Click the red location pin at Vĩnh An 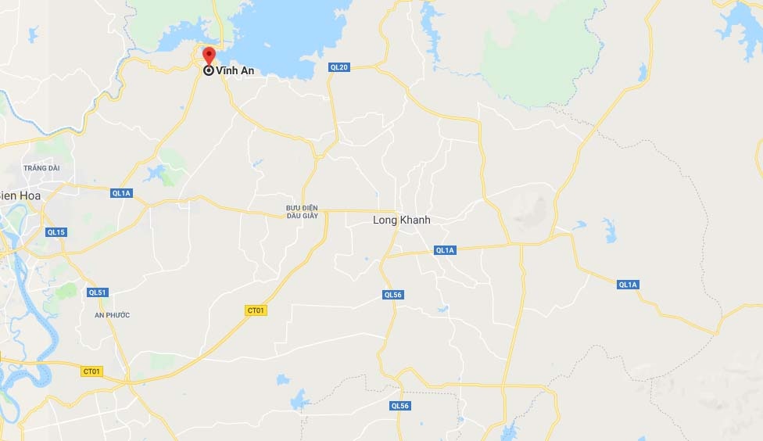point(209,56)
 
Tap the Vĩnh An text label point(235,70)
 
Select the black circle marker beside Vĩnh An point(209,70)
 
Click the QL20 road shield point(339,67)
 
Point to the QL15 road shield point(56,232)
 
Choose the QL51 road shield point(97,292)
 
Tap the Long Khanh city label point(401,220)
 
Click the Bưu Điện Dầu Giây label point(302,211)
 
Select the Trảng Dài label point(41,168)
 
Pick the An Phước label point(112,315)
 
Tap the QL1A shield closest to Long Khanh point(445,250)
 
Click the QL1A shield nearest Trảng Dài point(121,193)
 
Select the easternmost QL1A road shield point(629,285)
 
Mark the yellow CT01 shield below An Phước point(91,371)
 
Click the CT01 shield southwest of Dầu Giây point(256,310)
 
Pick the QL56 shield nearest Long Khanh point(392,295)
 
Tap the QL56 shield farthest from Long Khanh point(399,406)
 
